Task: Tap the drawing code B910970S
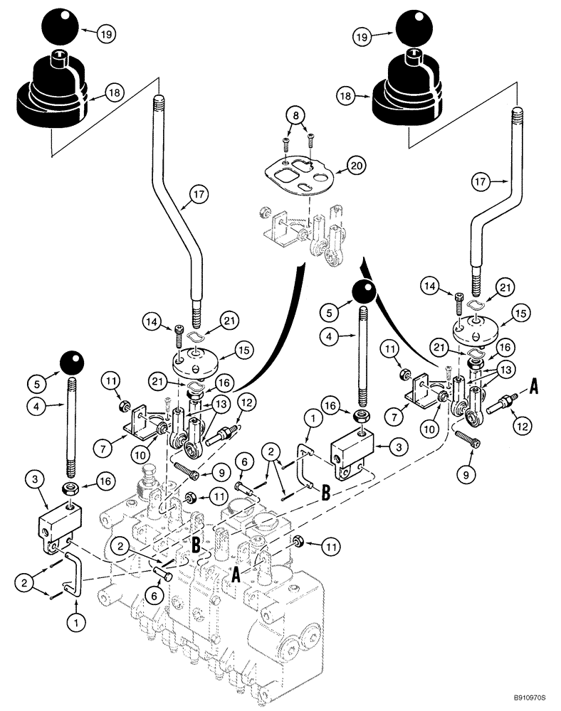[526, 700]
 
